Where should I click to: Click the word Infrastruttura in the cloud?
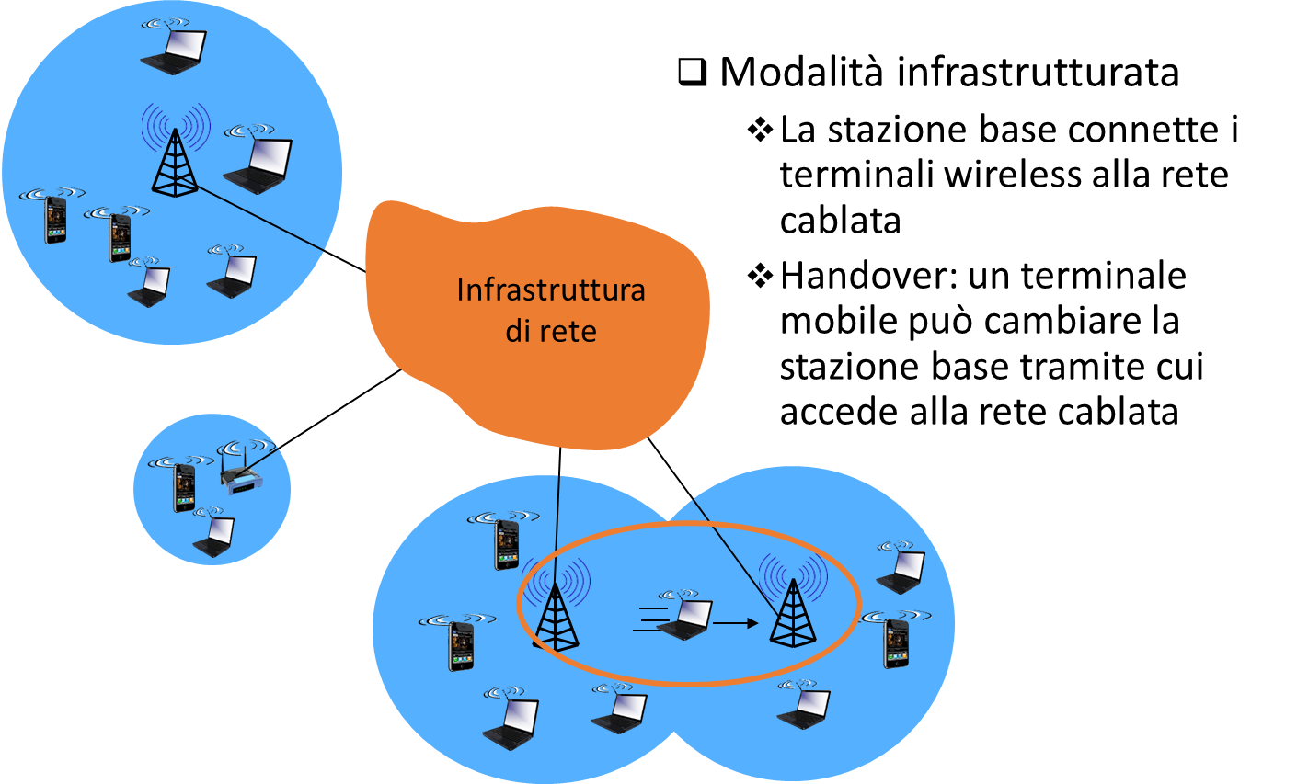(x=550, y=290)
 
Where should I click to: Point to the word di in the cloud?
(x=517, y=331)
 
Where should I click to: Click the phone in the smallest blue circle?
(x=184, y=487)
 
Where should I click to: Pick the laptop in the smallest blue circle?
(x=213, y=537)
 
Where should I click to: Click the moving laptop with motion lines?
(x=685, y=619)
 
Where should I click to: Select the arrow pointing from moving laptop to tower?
(x=736, y=624)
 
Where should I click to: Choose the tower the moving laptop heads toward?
(x=793, y=613)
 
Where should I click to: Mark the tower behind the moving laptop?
(x=556, y=618)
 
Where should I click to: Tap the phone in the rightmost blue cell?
(x=896, y=642)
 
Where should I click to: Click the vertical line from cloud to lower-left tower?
(x=557, y=524)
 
